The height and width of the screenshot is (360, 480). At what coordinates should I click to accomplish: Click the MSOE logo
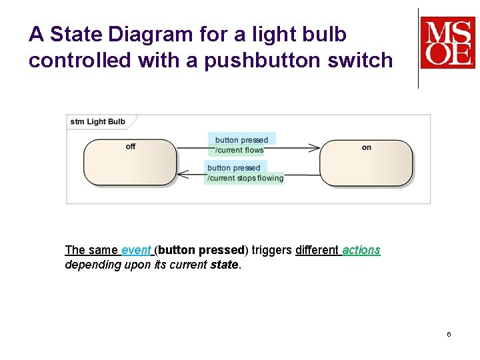pyautogui.click(x=447, y=43)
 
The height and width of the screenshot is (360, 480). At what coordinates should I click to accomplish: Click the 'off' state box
pyautogui.click(x=130, y=162)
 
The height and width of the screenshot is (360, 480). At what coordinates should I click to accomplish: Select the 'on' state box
pyautogui.click(x=366, y=162)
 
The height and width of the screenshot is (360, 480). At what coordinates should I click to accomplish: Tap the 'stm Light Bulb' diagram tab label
pyautogui.click(x=97, y=121)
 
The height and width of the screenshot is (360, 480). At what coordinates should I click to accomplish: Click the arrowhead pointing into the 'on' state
pyautogui.click(x=315, y=147)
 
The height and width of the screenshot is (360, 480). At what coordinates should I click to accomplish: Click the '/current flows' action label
pyautogui.click(x=239, y=150)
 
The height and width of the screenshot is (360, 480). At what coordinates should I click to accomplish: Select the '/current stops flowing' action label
pyautogui.click(x=245, y=178)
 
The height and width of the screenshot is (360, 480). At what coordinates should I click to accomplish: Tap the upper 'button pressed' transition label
pyautogui.click(x=241, y=140)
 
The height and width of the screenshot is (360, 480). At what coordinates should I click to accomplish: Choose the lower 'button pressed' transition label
pyautogui.click(x=234, y=168)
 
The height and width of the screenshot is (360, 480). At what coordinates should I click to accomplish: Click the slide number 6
pyautogui.click(x=449, y=334)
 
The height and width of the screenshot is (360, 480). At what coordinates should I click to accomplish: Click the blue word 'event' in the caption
pyautogui.click(x=136, y=250)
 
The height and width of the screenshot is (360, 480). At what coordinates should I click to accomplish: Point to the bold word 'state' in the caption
pyautogui.click(x=224, y=265)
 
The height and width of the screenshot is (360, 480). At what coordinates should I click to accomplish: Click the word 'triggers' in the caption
pyautogui.click(x=273, y=250)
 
